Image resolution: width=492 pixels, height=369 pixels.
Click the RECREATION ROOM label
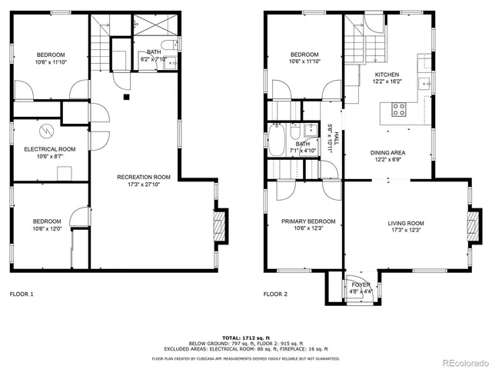pyautogui.click(x=144, y=177)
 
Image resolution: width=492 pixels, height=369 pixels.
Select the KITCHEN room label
pyautogui.click(x=387, y=74)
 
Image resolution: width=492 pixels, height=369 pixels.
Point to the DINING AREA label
pyautogui.click(x=388, y=152)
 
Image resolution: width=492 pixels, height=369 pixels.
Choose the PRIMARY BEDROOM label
pyautogui.click(x=303, y=221)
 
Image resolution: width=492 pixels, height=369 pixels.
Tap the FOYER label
pyautogui.click(x=361, y=284)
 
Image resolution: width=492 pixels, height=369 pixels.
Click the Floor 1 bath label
pyautogui.click(x=155, y=52)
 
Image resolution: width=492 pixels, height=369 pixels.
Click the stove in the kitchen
pyautogui.click(x=399, y=110)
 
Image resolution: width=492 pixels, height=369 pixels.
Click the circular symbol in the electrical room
pyautogui.click(x=46, y=129)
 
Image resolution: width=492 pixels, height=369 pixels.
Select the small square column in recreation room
pyautogui.click(x=128, y=97)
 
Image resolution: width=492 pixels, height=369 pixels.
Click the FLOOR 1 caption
pyautogui.click(x=22, y=294)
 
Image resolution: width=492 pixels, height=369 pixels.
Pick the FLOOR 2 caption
pyautogui.click(x=276, y=294)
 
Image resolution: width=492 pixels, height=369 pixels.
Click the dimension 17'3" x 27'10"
pyautogui.click(x=144, y=184)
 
